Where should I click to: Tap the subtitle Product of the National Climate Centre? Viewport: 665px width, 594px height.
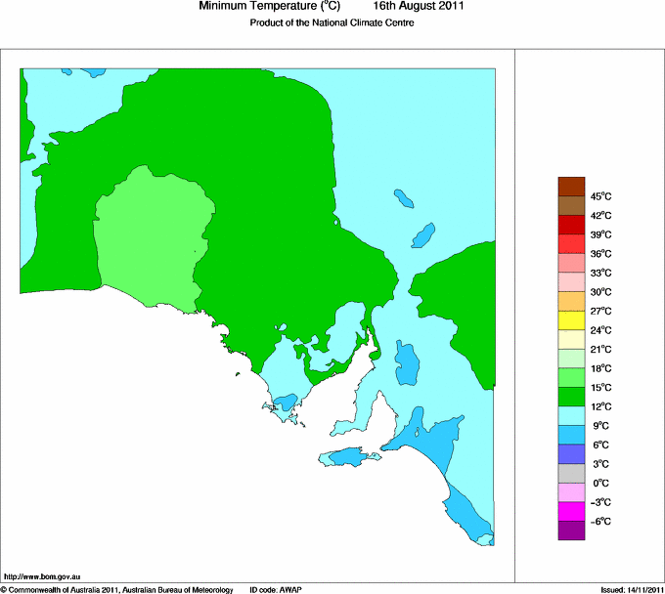tap(332, 23)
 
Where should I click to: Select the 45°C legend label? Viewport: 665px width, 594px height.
tap(599, 196)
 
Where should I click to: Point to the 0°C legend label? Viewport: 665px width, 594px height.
tap(599, 484)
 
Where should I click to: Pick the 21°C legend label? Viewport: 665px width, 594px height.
tap(599, 350)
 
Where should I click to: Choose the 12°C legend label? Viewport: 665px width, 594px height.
tap(599, 406)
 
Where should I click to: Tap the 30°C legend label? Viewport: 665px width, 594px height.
tap(599, 292)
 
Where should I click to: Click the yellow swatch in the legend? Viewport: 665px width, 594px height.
tap(570, 320)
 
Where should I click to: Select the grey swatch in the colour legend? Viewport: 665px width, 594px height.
tap(570, 473)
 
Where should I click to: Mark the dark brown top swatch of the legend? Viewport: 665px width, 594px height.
tap(570, 186)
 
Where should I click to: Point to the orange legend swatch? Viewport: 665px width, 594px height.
tap(570, 301)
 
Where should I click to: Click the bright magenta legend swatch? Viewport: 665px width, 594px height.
tap(570, 511)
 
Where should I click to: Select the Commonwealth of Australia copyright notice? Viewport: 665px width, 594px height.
tap(117, 589)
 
